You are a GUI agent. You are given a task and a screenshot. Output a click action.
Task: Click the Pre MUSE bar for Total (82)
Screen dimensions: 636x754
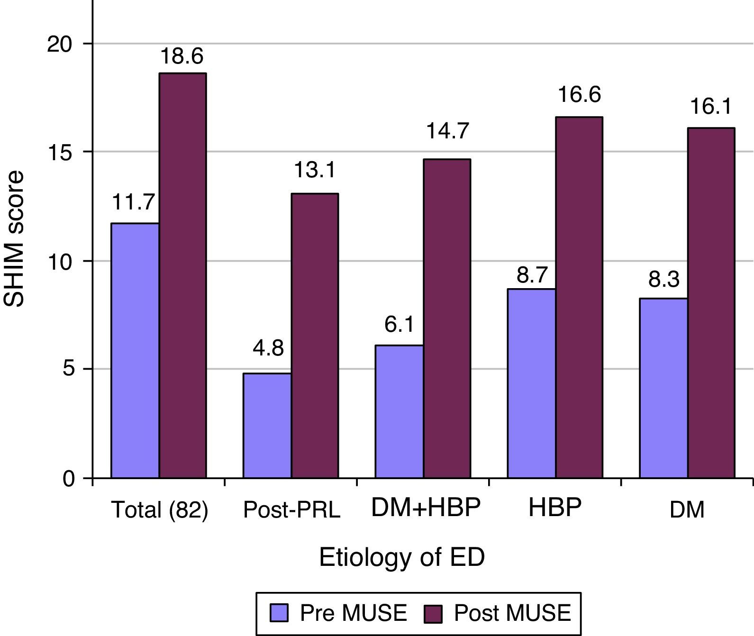point(135,351)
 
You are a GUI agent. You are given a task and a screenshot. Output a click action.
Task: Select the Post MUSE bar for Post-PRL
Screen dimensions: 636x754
point(315,336)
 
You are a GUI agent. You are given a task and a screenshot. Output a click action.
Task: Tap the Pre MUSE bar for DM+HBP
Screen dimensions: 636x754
point(399,411)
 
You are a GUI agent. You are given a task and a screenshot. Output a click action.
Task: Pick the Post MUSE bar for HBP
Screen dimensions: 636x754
point(579,297)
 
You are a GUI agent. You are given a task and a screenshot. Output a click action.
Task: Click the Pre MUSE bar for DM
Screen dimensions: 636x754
point(663,388)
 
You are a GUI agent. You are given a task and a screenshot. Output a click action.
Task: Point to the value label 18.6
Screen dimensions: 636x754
point(182,56)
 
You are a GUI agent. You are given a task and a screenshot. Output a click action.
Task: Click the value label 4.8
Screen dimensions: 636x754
point(268,349)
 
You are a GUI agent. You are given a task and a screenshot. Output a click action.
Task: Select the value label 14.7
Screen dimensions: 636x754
point(448,131)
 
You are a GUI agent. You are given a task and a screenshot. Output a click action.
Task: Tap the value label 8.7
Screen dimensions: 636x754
point(532,275)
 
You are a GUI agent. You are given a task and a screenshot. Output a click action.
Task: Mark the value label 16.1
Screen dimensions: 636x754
point(711,107)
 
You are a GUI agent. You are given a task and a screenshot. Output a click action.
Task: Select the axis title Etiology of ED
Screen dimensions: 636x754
point(402,557)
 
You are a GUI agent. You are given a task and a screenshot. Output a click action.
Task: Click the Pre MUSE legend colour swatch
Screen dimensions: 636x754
point(279,613)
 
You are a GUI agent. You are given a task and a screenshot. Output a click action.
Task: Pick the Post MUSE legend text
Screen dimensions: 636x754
point(512,613)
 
